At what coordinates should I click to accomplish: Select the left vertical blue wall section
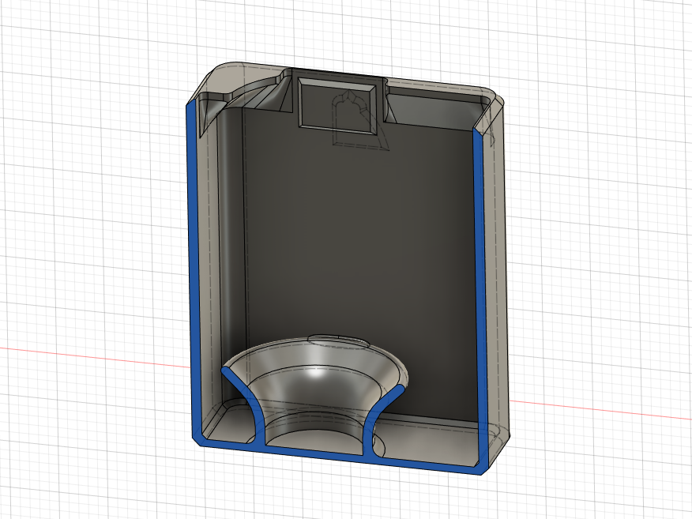click(x=190, y=269)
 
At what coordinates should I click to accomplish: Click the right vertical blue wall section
click(x=478, y=292)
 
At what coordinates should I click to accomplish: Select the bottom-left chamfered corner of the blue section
click(x=197, y=439)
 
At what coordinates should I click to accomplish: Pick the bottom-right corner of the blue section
click(x=478, y=469)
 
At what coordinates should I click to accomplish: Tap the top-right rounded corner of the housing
click(x=496, y=99)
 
